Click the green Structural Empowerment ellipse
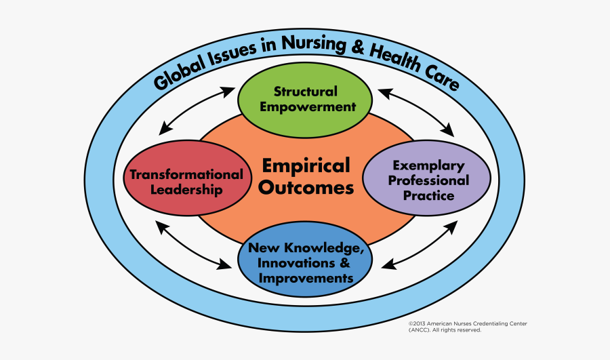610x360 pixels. (305, 100)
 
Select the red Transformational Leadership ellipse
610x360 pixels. (188, 178)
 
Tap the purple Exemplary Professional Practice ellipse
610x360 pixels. (427, 178)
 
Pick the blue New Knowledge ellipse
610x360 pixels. (305, 259)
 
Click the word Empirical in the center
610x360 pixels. (306, 165)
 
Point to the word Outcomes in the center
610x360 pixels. (306, 188)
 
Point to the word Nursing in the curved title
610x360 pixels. (314, 43)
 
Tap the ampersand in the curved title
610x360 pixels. (357, 47)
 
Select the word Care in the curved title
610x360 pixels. (443, 77)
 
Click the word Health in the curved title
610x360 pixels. (396, 58)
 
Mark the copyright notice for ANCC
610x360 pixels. (468, 327)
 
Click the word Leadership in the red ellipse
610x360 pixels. (187, 190)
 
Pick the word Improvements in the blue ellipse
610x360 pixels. (306, 279)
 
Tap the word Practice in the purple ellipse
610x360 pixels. (428, 195)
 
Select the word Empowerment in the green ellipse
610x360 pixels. (308, 107)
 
